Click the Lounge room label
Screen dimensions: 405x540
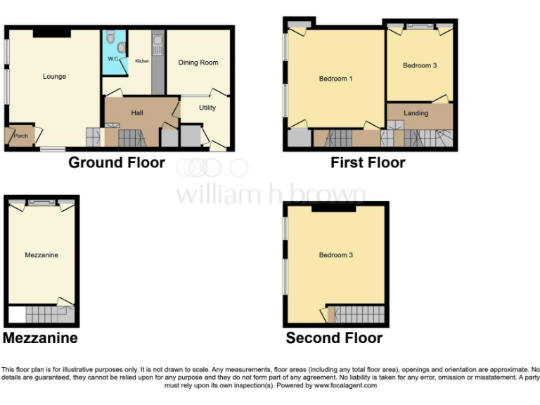tap(54, 76)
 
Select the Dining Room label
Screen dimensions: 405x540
tap(198, 63)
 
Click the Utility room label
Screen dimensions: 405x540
tap(207, 108)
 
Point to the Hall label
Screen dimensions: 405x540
tap(137, 112)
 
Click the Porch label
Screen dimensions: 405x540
tap(21, 136)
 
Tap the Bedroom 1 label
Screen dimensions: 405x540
tap(335, 79)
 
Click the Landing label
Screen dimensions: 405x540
tap(416, 112)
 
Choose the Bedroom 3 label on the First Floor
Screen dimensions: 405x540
tap(420, 65)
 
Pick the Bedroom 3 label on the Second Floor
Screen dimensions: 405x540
tap(335, 255)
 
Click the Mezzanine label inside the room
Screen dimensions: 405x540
tap(41, 255)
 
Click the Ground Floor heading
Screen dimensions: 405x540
tap(117, 163)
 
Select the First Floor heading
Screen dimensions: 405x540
tap(368, 163)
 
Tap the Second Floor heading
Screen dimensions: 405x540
tap(334, 338)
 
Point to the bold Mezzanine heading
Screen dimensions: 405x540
tap(40, 338)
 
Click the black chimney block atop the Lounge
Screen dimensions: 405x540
tap(51, 32)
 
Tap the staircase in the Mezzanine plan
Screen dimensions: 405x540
tap(45, 314)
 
